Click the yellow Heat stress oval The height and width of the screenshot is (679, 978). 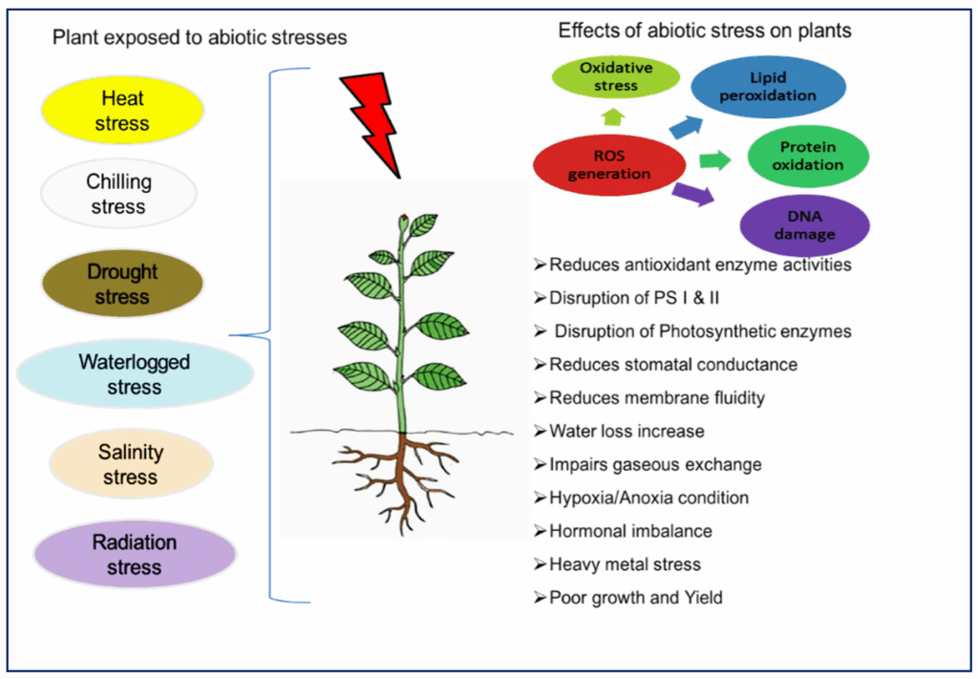(x=121, y=110)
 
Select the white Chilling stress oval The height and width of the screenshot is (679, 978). (x=117, y=193)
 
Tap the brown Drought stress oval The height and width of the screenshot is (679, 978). (x=122, y=284)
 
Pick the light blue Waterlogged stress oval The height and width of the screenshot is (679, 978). (x=135, y=374)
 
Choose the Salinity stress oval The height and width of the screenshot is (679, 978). (x=130, y=464)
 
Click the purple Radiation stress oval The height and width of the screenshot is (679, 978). (x=134, y=555)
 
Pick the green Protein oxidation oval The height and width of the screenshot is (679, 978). (x=807, y=156)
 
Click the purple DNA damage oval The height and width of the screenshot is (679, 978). (x=805, y=225)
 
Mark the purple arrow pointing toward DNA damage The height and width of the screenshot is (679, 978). (x=692, y=194)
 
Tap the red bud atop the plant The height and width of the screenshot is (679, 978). (x=404, y=222)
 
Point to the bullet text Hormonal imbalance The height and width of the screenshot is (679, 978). (x=629, y=531)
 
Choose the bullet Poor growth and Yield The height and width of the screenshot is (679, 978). (x=635, y=598)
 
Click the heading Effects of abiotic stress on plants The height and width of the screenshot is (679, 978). (x=704, y=31)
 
